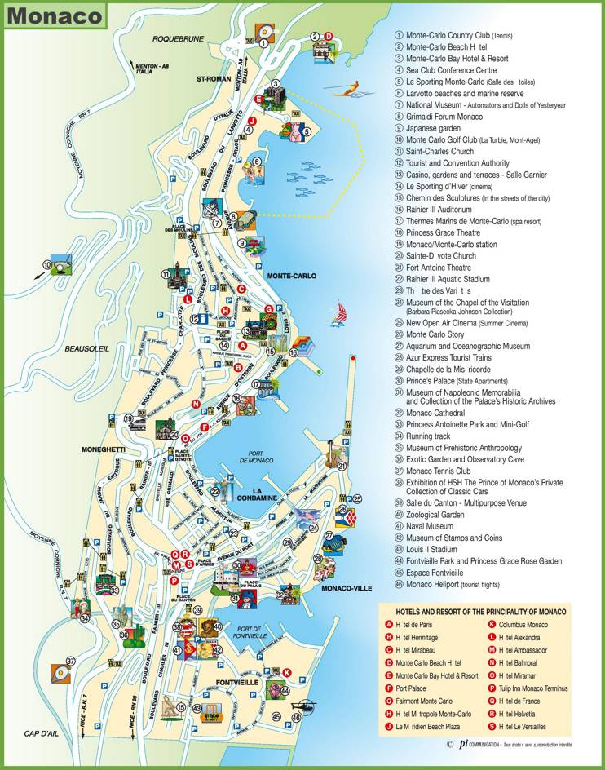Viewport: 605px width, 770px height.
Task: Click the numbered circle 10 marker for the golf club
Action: [46, 264]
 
